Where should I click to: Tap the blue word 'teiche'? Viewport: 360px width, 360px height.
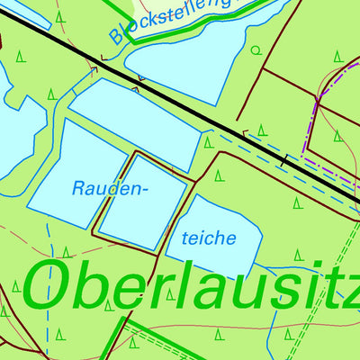tap(209, 238)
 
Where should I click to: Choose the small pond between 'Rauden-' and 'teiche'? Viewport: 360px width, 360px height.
tap(141, 202)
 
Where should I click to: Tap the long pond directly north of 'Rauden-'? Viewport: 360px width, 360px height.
tap(135, 121)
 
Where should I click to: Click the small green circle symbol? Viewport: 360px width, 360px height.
tap(254, 50)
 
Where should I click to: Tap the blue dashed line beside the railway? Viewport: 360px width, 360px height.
tap(270, 162)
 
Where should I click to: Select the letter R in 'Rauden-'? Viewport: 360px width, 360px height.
tap(77, 189)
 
